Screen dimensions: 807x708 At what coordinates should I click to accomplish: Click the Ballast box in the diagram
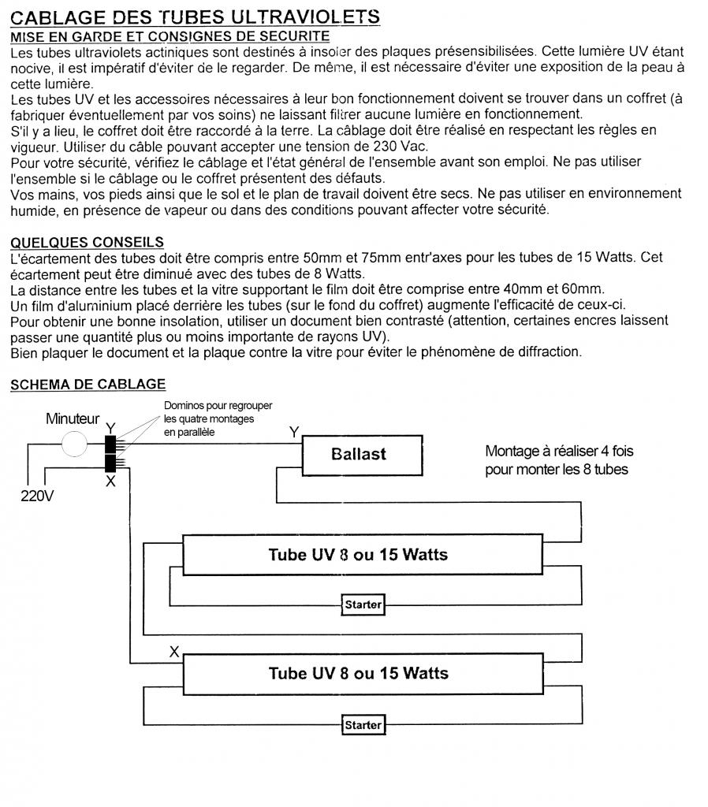[358, 455]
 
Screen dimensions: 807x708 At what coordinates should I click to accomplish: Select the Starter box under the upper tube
[363, 605]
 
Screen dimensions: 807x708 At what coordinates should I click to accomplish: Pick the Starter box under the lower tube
[363, 725]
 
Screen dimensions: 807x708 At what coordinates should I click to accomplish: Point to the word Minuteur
[73, 419]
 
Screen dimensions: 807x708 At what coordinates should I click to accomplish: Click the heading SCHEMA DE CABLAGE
[88, 384]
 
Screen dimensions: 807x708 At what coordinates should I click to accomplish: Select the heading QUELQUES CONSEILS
[87, 242]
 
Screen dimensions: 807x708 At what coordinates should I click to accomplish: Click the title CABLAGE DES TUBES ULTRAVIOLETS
[196, 17]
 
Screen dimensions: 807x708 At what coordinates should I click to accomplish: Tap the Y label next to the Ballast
[294, 432]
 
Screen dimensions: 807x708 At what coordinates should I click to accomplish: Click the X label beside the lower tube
[174, 652]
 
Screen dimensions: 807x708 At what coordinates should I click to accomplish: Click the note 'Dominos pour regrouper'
[218, 406]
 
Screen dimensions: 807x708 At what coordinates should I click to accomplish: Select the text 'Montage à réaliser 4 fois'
[559, 452]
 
